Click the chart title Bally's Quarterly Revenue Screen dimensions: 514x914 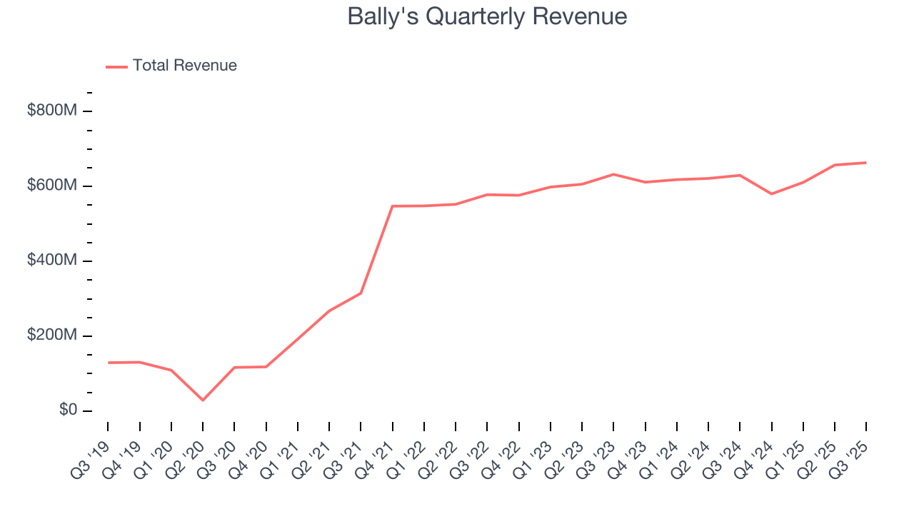click(487, 16)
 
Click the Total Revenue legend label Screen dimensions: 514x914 click(184, 66)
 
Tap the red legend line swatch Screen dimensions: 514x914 click(116, 66)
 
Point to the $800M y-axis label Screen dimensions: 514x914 click(52, 111)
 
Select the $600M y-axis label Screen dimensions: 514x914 click(52, 186)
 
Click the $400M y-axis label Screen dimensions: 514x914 click(52, 261)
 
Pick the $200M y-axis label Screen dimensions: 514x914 click(52, 336)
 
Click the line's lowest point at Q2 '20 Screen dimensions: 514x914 click(203, 400)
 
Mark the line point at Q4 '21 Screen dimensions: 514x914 click(393, 206)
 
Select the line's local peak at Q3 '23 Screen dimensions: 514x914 click(613, 174)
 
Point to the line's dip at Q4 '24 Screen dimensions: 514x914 click(771, 193)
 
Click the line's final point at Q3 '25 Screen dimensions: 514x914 click(866, 163)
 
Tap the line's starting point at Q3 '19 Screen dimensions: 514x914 click(109, 363)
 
